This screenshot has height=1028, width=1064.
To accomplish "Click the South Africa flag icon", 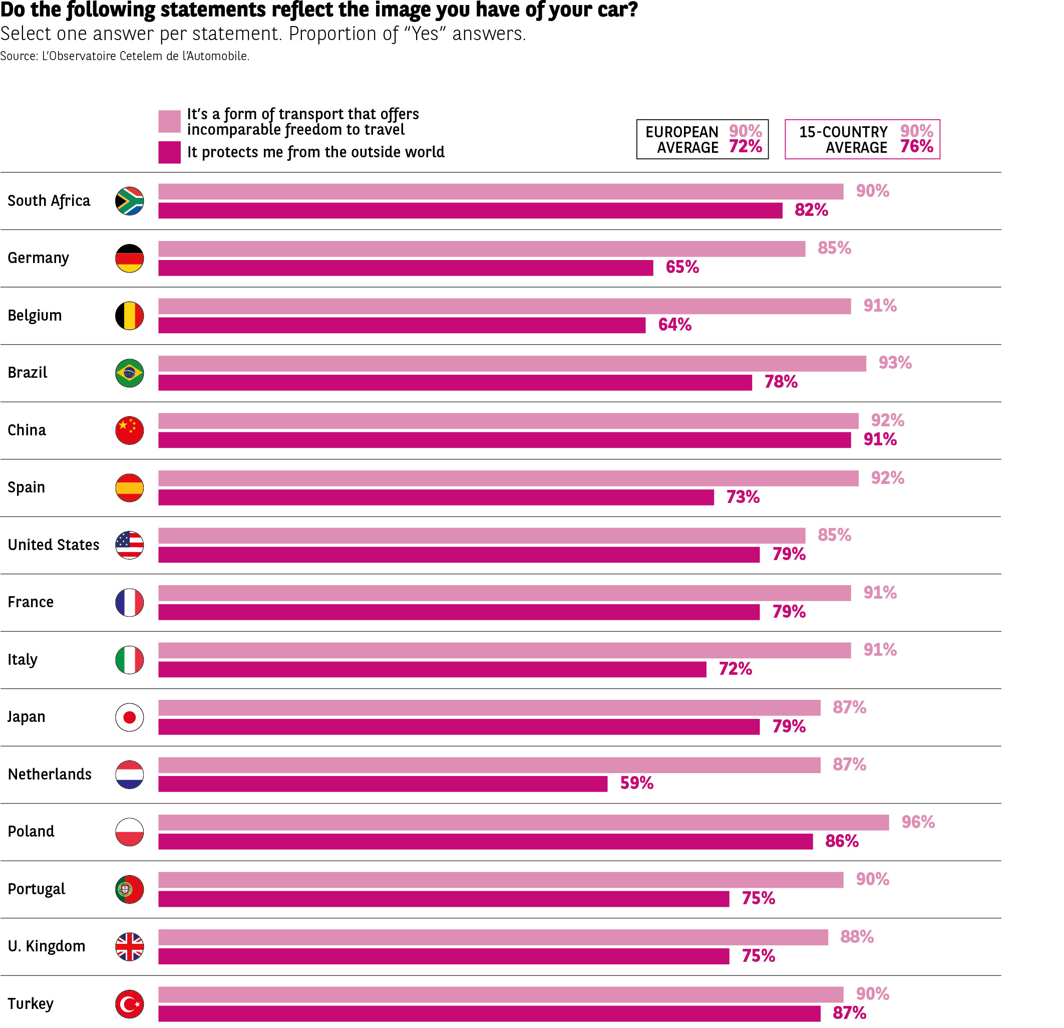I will click(x=129, y=201).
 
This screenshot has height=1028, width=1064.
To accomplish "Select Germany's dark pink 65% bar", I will click(x=405, y=268).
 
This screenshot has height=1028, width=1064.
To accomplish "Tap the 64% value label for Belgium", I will click(x=674, y=325).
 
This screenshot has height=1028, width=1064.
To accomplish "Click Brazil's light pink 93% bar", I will click(x=511, y=363).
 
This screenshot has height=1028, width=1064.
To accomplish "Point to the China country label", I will click(x=27, y=430).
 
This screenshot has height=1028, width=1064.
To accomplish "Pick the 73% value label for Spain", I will click(x=743, y=497).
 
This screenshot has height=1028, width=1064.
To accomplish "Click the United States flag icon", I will click(x=129, y=545).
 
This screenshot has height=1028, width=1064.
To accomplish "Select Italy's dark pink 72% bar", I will click(x=432, y=669).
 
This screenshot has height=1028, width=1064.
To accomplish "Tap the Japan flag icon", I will click(x=129, y=717).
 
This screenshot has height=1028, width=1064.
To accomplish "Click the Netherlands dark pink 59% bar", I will click(x=382, y=784).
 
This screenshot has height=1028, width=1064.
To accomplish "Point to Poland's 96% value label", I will click(x=917, y=822).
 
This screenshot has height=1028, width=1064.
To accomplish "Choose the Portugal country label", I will click(x=36, y=889).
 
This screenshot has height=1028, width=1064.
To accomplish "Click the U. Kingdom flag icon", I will click(x=129, y=946).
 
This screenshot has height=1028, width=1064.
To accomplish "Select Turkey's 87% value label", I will click(x=849, y=1013).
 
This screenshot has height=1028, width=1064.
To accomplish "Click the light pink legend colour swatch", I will click(x=169, y=121).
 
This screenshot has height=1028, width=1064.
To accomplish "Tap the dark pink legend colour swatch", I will click(x=169, y=152).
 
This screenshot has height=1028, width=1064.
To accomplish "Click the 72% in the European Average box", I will click(x=745, y=147).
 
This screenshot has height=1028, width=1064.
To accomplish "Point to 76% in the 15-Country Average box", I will click(x=916, y=147).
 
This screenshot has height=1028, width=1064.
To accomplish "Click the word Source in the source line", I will click(x=18, y=56).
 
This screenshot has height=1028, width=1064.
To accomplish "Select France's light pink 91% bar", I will click(x=504, y=593).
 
